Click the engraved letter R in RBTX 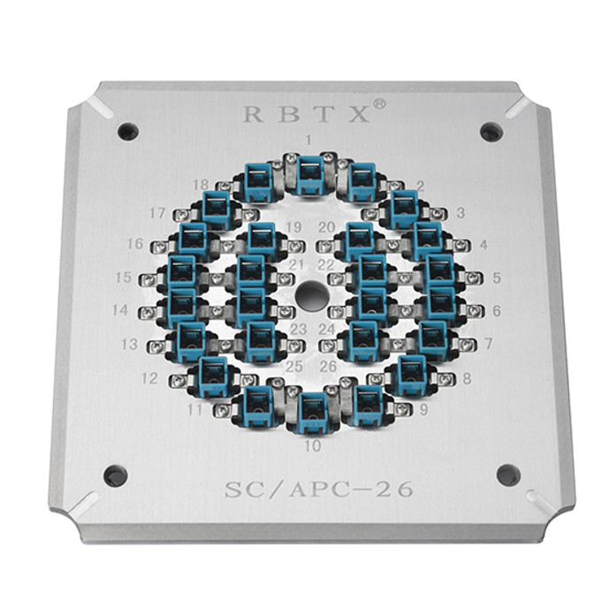pos(254,114)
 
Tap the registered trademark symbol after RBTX pos(379,104)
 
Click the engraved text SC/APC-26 pos(318,489)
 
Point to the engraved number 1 pos(308,141)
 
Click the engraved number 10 pos(312,445)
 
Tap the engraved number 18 pos(201,185)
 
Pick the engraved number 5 pos(497,278)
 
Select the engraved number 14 pos(120,309)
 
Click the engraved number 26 pos(328,367)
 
